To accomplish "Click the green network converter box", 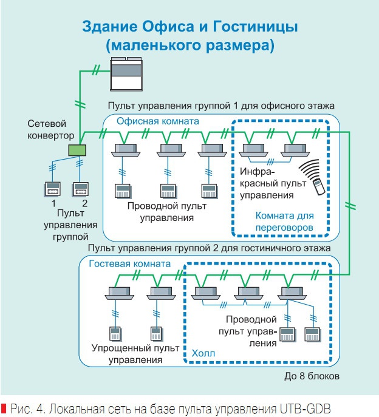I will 78,150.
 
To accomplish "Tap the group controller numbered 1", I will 53,188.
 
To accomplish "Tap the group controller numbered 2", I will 80,188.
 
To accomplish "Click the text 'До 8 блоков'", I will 309,376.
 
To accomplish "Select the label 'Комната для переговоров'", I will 284,222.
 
